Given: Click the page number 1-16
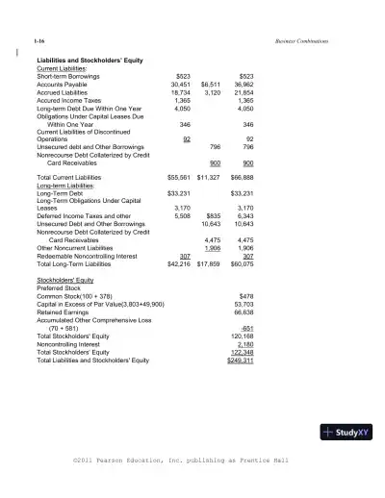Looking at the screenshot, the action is click(38, 42).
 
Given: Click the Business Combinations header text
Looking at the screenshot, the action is click(301, 42).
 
